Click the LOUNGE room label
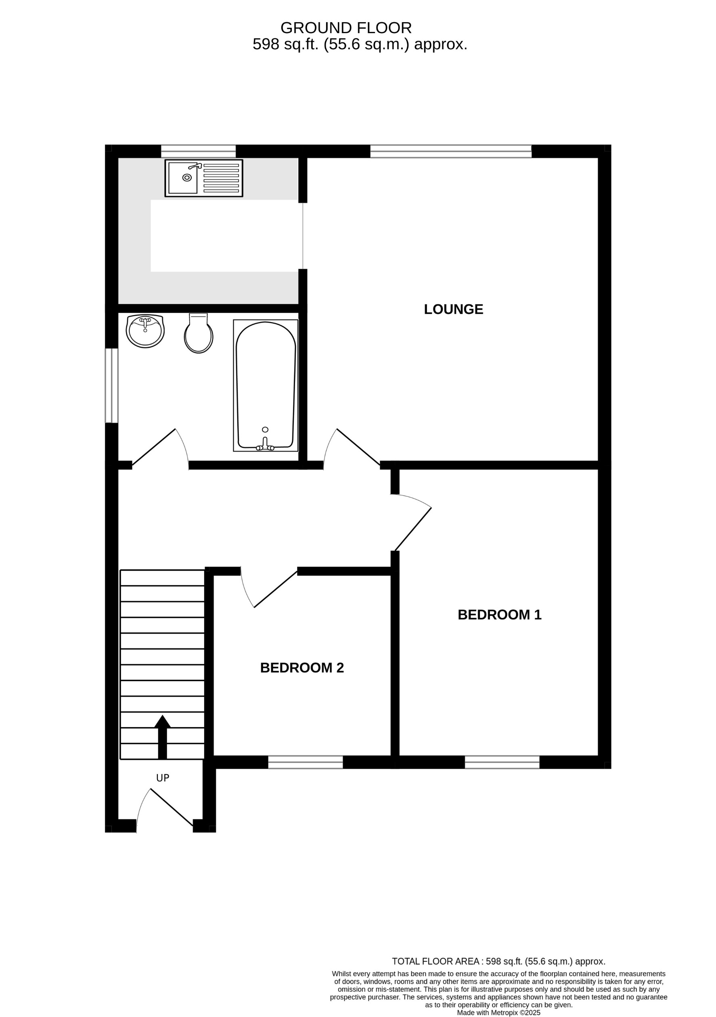453,309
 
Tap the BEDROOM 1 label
499,615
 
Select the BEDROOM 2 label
302,668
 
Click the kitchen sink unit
204,178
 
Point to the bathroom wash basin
145,331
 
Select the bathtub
266,385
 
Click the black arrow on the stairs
162,737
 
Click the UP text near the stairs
163,778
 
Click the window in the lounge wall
450,151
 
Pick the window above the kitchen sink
198,151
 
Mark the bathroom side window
112,385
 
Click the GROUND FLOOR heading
346,28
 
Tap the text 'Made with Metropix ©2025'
498,1013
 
